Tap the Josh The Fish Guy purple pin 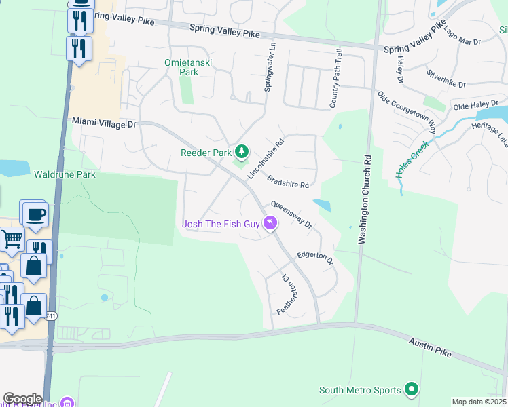[x=270, y=222]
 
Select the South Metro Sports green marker [x=410, y=389]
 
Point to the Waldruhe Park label [x=65, y=174]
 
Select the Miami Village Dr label [x=105, y=123]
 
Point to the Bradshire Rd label [x=288, y=180]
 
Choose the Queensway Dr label [x=291, y=214]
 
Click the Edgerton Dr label [x=316, y=258]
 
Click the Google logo [x=22, y=399]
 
